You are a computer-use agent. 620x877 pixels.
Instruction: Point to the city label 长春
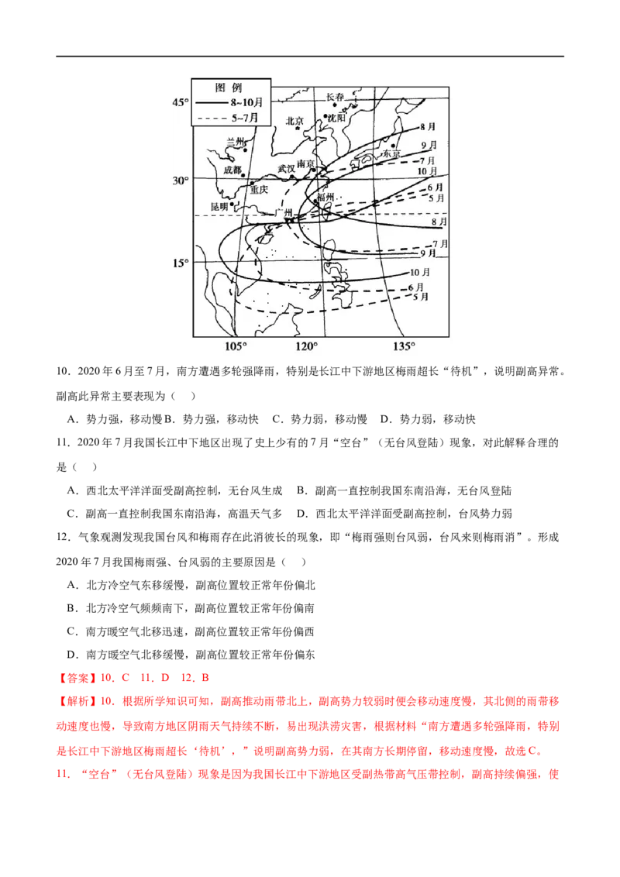335,97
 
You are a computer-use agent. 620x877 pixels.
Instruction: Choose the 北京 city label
295,121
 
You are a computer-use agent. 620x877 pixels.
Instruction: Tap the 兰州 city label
234,142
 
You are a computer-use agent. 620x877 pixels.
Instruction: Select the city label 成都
232,170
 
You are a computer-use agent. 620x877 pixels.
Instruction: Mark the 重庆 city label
259,189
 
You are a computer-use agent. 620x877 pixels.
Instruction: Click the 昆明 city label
220,207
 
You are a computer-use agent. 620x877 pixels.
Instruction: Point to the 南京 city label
306,164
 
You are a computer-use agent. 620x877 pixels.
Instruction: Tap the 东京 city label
391,154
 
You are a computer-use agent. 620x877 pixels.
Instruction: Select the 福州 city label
325,198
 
